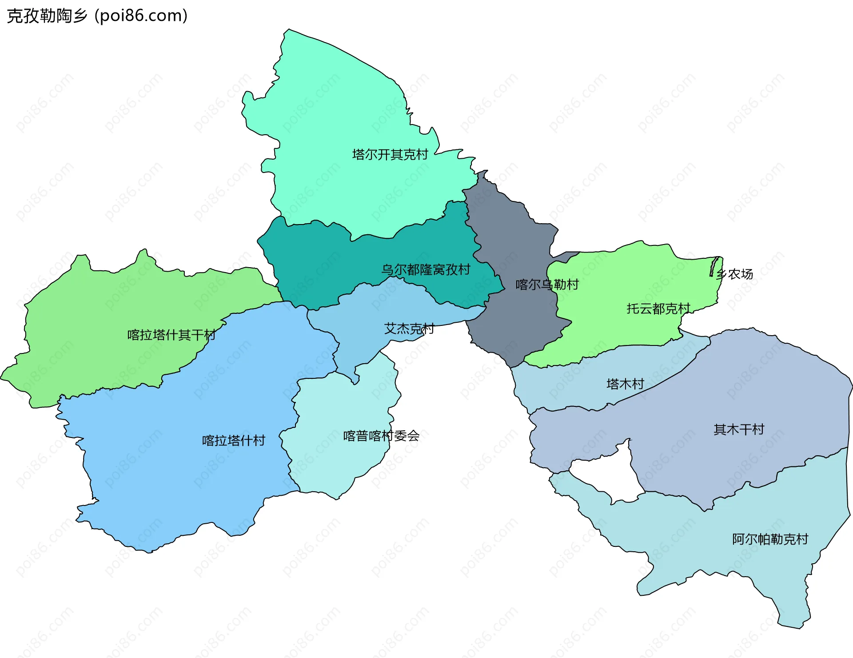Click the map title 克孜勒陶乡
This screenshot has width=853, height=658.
point(47,16)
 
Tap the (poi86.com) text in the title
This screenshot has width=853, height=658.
point(141,16)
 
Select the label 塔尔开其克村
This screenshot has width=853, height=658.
point(390,155)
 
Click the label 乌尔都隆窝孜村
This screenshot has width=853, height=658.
point(426,269)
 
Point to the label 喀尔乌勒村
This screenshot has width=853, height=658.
point(547,285)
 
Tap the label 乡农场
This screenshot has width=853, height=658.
point(735,274)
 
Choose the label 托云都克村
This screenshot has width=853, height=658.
point(658,309)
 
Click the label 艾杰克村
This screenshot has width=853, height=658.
point(409,329)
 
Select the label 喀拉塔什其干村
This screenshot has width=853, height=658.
point(171,335)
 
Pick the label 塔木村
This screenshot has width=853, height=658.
point(625,384)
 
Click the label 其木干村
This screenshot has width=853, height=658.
point(738,429)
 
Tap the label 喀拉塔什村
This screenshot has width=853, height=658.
point(234,441)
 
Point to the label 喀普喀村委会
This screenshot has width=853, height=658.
point(381,436)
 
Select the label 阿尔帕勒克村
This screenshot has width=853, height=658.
point(770,539)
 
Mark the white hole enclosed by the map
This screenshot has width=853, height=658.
point(609,476)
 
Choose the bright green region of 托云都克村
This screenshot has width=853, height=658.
point(622,329)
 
